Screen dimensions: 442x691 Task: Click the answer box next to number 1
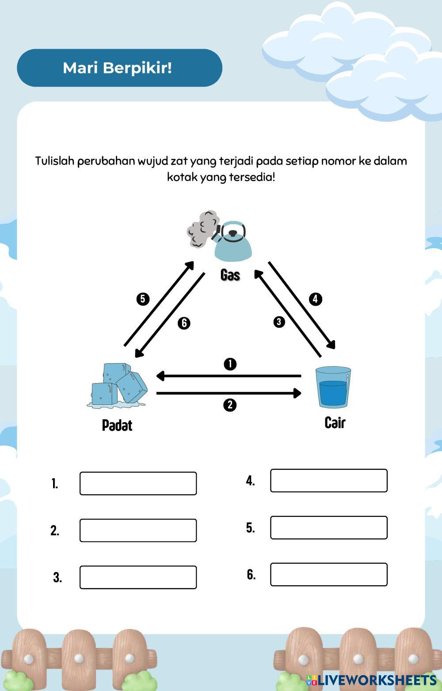click(x=138, y=483)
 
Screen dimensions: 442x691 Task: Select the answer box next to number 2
click(x=138, y=530)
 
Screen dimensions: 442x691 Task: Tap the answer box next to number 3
click(x=138, y=577)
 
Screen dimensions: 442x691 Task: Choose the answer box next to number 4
click(x=328, y=480)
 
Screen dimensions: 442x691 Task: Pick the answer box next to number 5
click(x=328, y=527)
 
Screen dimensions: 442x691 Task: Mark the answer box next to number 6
click(x=328, y=574)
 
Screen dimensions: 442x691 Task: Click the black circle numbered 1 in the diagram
click(x=230, y=364)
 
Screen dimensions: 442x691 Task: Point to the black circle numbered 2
click(x=230, y=405)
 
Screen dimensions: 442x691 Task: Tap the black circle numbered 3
click(x=279, y=322)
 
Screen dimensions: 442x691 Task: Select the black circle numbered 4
click(x=315, y=299)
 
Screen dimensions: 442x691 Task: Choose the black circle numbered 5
click(x=142, y=299)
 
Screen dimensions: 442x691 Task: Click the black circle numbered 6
click(x=184, y=323)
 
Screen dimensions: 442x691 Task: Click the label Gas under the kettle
click(x=230, y=275)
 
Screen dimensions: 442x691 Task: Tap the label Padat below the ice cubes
click(x=117, y=425)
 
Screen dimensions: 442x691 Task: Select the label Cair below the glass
click(x=335, y=422)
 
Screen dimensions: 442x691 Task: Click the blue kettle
click(x=233, y=242)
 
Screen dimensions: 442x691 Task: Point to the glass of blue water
click(x=333, y=387)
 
